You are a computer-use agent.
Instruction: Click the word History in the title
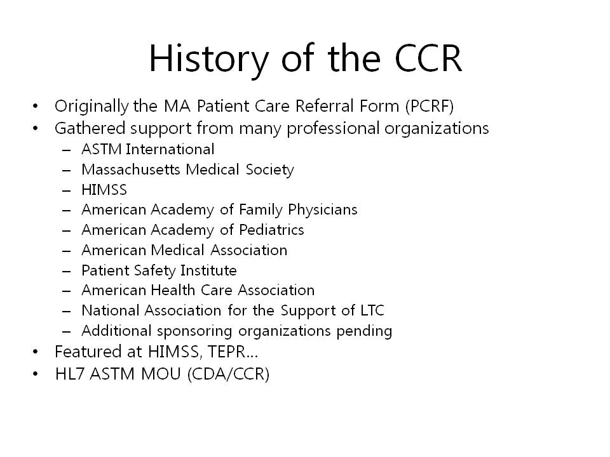pos(209,59)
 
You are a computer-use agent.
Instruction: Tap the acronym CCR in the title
pos(428,58)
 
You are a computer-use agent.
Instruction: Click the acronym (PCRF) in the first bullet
pos(430,106)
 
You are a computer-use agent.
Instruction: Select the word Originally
pos(91,106)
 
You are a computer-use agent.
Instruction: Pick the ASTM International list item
pos(148,149)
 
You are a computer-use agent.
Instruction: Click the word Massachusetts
pos(131,169)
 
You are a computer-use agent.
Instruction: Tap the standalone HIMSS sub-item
pos(104,190)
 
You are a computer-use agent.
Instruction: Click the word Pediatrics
pos(271,230)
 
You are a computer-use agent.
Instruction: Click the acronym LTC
pos(372,310)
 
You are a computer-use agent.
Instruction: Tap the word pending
pos(364,331)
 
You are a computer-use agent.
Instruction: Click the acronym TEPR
pos(227,352)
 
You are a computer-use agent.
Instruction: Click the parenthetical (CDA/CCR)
pos(228,374)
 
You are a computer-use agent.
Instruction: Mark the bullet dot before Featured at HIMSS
pos(36,352)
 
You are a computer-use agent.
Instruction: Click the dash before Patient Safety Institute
pos(67,271)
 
